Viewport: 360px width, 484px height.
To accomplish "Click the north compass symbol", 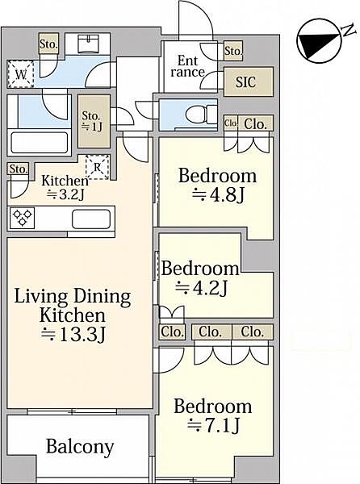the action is click(319, 41).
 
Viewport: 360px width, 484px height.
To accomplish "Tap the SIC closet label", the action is click(245, 82).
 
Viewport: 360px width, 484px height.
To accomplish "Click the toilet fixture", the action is click(203, 115).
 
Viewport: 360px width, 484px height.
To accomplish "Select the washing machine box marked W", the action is click(20, 74).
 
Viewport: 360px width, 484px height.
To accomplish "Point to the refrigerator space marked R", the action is click(97, 167).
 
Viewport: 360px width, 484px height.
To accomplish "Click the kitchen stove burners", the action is click(23, 217).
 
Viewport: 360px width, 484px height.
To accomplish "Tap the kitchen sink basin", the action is click(91, 219).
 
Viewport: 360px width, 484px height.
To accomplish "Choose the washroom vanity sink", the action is click(88, 44).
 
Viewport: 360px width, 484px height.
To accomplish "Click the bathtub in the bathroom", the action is click(40, 142).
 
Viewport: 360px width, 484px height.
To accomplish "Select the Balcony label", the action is click(80, 447).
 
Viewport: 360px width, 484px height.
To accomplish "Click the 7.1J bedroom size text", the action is click(213, 426).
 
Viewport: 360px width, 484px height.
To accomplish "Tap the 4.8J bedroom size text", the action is click(218, 194).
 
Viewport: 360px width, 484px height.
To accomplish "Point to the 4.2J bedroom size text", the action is click(201, 288).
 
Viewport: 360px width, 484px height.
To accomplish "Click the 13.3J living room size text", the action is click(73, 334).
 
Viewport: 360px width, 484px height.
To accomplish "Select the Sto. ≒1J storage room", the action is click(94, 121).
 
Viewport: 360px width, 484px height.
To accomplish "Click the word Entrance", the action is click(188, 66).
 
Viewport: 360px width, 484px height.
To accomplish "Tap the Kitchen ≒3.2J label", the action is click(65, 188).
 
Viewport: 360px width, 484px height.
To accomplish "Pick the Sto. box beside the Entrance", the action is click(233, 51).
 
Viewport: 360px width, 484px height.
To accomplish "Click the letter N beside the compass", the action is click(348, 31).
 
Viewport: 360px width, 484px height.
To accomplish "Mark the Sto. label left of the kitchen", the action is click(18, 169).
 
